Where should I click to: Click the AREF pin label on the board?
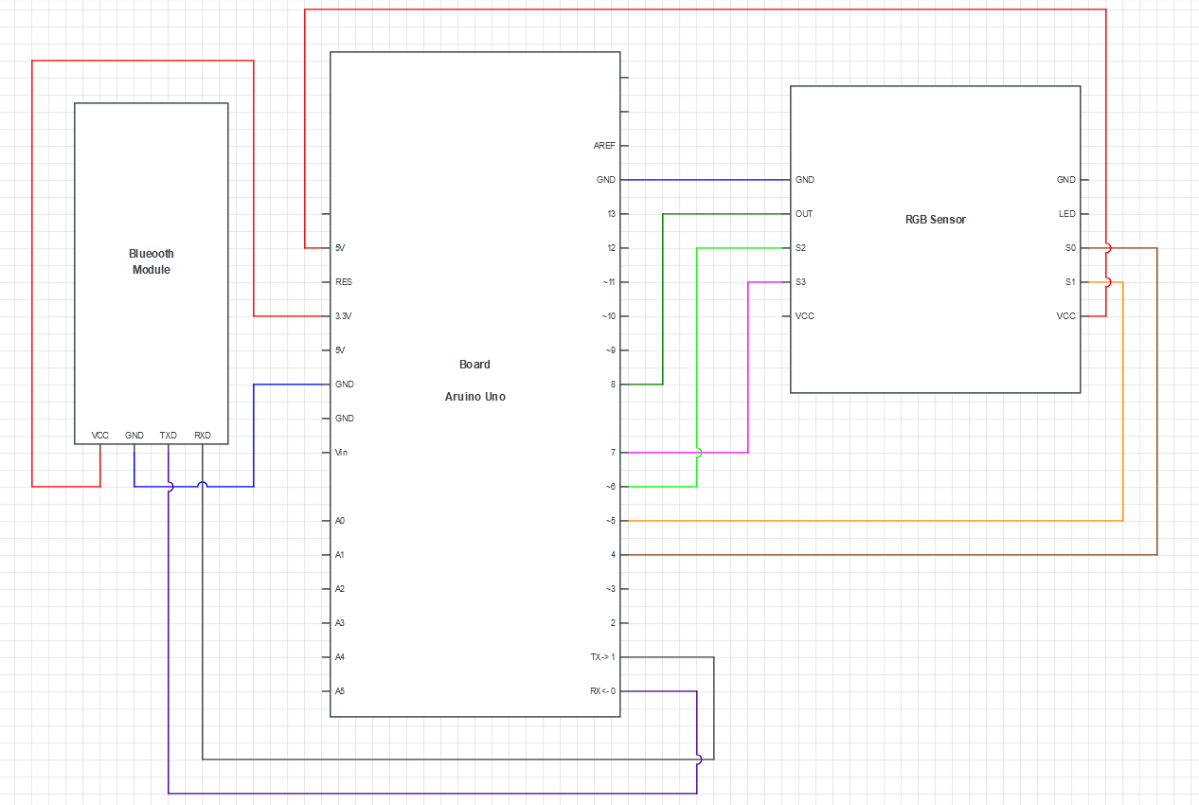tap(603, 146)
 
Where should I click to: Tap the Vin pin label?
tap(341, 453)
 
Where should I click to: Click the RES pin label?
tap(344, 282)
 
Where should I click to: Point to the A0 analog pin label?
tap(340, 521)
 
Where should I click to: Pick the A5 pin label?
tap(340, 691)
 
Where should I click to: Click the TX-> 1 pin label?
tap(602, 657)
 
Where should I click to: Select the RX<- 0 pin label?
tap(602, 691)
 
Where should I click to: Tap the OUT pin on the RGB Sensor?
tap(804, 214)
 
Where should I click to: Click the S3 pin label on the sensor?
tap(801, 282)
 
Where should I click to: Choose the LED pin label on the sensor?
tap(1066, 214)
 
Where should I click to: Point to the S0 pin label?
tap(1070, 248)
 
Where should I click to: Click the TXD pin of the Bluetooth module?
tap(169, 436)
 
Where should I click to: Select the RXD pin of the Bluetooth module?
tap(203, 436)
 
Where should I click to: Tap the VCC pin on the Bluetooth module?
tap(100, 436)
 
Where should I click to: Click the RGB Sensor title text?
tap(935, 220)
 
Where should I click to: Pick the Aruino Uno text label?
tap(474, 397)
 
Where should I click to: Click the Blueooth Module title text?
tap(152, 261)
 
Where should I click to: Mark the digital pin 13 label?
tap(611, 214)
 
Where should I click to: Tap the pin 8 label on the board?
tap(613, 385)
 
